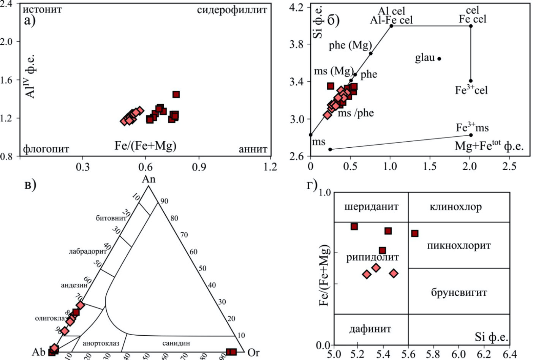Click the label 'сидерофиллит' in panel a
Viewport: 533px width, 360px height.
click(x=232, y=10)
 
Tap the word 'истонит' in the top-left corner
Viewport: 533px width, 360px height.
click(x=42, y=9)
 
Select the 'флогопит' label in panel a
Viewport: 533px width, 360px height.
click(x=46, y=148)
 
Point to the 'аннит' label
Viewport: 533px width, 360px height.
click(x=253, y=149)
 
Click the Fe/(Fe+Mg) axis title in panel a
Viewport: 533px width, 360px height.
click(x=146, y=145)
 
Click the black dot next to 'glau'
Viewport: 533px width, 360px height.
click(x=439, y=58)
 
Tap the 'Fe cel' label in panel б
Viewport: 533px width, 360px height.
click(x=472, y=19)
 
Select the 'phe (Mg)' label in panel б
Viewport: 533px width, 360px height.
click(x=350, y=46)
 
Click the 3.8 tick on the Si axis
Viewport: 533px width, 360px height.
click(x=297, y=44)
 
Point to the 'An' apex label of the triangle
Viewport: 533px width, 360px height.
click(x=149, y=179)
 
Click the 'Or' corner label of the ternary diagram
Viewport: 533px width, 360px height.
click(x=253, y=352)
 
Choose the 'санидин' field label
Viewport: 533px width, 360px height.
click(x=176, y=343)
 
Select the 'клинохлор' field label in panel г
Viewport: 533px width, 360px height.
click(x=456, y=207)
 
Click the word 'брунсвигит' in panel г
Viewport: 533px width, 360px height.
click(x=459, y=292)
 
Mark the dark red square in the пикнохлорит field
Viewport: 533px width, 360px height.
click(x=415, y=233)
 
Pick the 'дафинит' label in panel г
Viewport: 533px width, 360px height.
click(x=370, y=329)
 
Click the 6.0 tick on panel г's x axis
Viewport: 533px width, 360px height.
click(x=459, y=354)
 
